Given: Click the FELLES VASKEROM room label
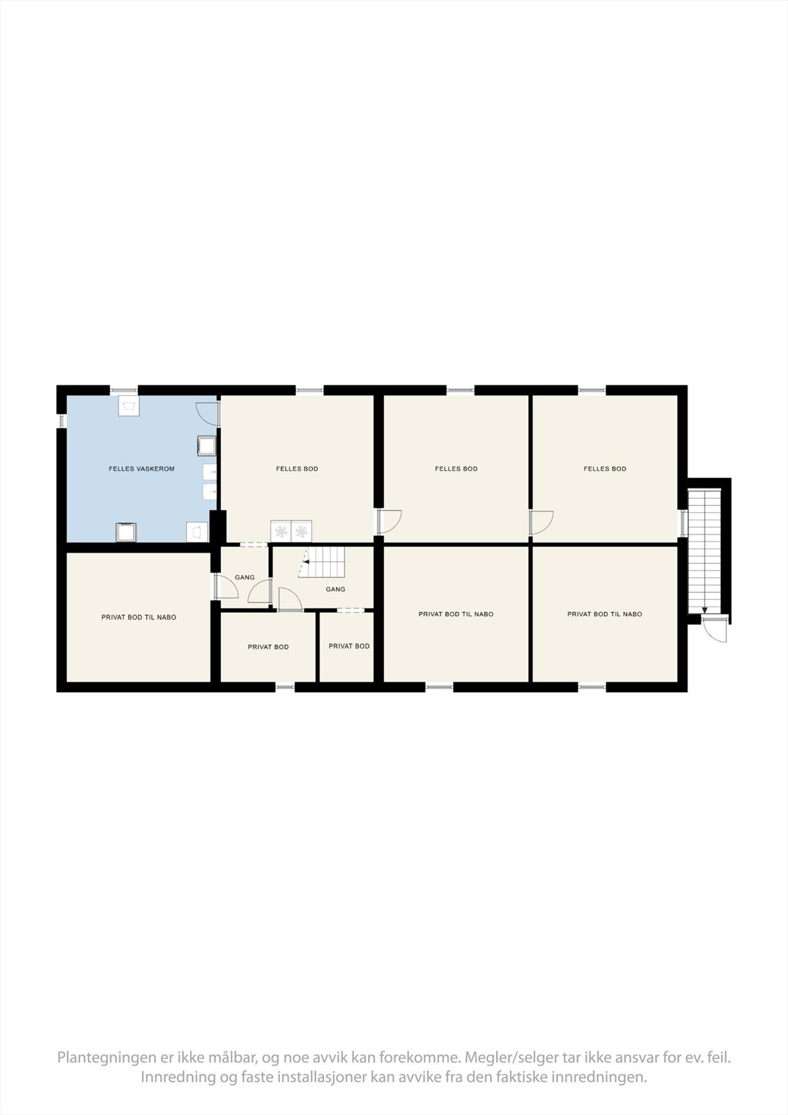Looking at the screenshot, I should coord(141,469).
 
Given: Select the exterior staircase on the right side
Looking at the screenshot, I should coord(704,551).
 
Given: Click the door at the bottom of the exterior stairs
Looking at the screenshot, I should coord(716,629).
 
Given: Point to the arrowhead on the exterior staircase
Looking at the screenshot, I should coord(704,610).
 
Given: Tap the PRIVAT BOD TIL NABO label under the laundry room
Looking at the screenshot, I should coord(139,617).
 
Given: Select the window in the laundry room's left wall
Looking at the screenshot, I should coord(61,422).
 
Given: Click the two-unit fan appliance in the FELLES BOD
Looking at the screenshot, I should coord(291,532).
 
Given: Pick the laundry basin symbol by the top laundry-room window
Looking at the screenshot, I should coord(128,406).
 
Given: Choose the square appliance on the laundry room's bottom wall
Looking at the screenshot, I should coord(126,532).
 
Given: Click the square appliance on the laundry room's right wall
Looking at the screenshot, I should coord(207,445).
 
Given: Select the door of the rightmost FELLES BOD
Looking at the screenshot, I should coord(541,522).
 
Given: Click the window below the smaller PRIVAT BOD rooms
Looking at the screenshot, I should coord(284,687).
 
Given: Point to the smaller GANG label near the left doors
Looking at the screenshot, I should coord(245,578).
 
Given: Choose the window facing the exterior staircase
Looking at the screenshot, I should coord(684,523).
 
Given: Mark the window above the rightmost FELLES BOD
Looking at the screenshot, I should coord(592,390).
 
